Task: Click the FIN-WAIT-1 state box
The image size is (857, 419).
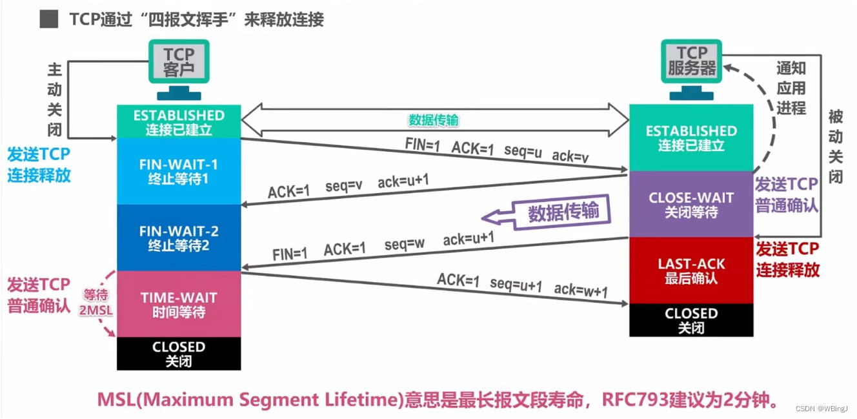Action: click(179, 171)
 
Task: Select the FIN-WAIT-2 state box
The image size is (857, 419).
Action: click(179, 238)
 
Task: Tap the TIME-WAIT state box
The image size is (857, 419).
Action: click(179, 304)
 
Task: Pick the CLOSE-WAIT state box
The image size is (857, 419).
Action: click(691, 204)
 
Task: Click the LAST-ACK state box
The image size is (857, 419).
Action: click(691, 271)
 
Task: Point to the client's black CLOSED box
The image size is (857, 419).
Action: click(179, 353)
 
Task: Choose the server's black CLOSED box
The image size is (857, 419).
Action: click(691, 320)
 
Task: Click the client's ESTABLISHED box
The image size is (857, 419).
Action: click(179, 122)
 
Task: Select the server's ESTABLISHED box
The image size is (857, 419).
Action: click(691, 138)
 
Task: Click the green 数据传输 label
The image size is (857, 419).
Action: click(434, 120)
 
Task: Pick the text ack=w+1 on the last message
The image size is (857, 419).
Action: click(580, 290)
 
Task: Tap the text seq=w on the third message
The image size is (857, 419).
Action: click(405, 245)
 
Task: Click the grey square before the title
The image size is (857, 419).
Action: click(49, 19)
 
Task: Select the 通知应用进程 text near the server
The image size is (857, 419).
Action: click(791, 88)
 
